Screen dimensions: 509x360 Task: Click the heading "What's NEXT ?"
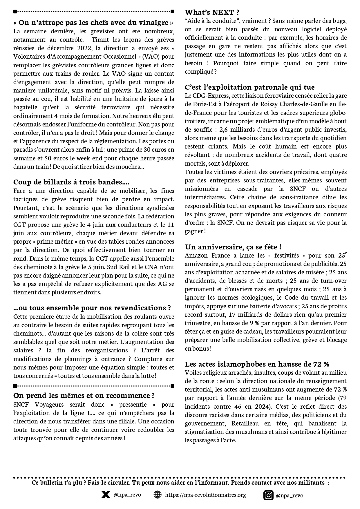(212, 12)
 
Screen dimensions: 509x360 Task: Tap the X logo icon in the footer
(106, 494)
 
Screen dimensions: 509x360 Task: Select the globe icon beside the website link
(157, 494)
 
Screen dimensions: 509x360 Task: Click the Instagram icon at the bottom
(268, 495)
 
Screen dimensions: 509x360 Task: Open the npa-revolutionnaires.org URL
(205, 495)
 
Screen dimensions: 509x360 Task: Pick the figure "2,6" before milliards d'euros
(225, 129)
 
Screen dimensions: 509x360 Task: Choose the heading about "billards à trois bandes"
(71, 182)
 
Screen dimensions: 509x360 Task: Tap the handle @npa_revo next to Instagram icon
(289, 495)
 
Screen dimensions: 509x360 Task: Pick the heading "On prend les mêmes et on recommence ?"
(84, 396)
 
